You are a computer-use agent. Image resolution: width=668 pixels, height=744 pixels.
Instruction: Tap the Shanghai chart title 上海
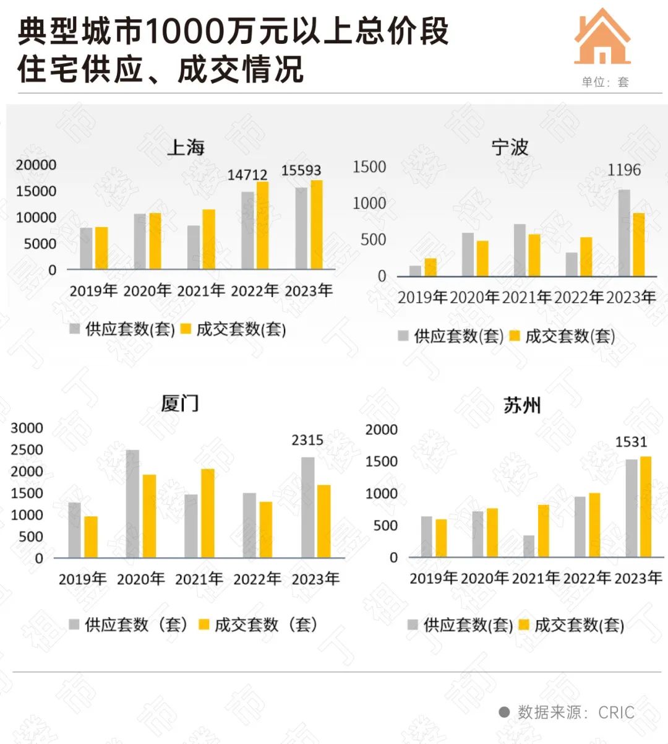point(186,147)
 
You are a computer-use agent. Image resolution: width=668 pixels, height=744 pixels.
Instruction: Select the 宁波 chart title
point(510,147)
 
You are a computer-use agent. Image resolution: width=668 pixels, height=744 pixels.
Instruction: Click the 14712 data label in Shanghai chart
point(247,175)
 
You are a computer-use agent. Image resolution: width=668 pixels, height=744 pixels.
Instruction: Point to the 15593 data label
point(301,170)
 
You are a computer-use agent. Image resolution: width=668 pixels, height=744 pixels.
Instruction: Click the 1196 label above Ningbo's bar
point(624,170)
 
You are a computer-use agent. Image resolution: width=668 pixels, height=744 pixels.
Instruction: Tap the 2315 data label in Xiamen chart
point(307,440)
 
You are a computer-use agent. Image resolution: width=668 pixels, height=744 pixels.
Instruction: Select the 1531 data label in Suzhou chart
point(631,442)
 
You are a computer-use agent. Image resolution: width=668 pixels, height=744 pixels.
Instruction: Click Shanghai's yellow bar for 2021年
point(209,239)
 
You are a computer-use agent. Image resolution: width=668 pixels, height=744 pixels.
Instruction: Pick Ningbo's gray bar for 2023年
point(624,233)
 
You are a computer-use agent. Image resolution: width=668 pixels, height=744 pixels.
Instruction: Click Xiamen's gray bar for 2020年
point(132,504)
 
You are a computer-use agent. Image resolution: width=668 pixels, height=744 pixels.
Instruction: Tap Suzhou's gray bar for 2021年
point(529,546)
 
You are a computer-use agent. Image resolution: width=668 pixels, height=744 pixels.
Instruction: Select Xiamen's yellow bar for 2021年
point(208,513)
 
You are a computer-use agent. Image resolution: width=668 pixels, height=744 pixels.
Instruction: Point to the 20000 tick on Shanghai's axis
point(36,165)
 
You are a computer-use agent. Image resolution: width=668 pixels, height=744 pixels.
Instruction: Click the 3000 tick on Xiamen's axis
point(27,428)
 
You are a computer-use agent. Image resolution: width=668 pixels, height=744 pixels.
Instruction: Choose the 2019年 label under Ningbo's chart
point(422,298)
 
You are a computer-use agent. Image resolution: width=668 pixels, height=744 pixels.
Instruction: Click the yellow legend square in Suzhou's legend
point(524,625)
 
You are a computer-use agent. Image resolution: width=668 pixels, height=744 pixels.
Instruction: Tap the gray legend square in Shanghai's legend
point(75,329)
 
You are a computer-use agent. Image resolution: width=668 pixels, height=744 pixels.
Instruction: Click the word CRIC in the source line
point(616,712)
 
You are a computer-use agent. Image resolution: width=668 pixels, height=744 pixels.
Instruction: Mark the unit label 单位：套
point(605,82)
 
